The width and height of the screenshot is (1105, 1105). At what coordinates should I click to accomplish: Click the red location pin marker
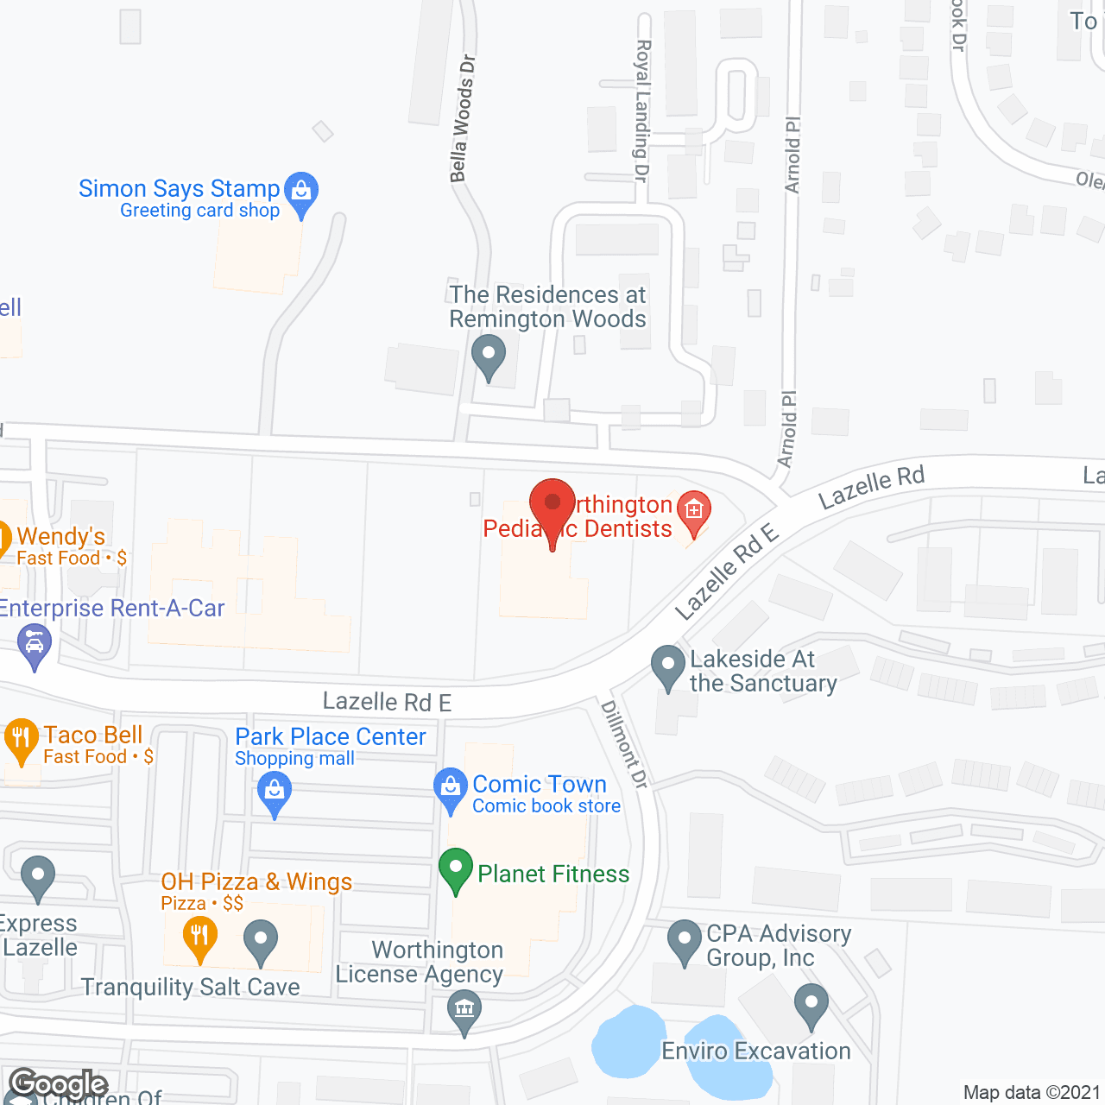click(552, 504)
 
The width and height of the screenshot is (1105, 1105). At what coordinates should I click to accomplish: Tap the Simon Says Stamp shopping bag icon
click(301, 191)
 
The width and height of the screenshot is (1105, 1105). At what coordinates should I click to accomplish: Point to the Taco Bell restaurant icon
click(22, 739)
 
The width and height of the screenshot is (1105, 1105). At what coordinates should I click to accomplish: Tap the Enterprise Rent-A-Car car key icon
click(35, 645)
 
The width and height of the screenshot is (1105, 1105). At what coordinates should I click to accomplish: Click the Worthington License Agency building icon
click(464, 1010)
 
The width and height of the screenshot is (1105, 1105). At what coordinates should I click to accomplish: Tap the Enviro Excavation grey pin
click(811, 1005)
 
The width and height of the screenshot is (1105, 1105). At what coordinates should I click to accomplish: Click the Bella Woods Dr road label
click(463, 119)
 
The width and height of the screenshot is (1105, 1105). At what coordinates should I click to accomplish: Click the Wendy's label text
click(61, 537)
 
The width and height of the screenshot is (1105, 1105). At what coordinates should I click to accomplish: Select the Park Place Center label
click(331, 737)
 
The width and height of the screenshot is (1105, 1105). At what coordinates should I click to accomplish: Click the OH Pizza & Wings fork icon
click(199, 936)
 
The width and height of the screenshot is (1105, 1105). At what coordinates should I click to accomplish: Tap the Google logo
click(58, 1083)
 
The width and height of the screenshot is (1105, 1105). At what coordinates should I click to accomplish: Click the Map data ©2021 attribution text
click(1032, 1093)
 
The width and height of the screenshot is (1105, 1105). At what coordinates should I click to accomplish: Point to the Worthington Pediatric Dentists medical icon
click(694, 508)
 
